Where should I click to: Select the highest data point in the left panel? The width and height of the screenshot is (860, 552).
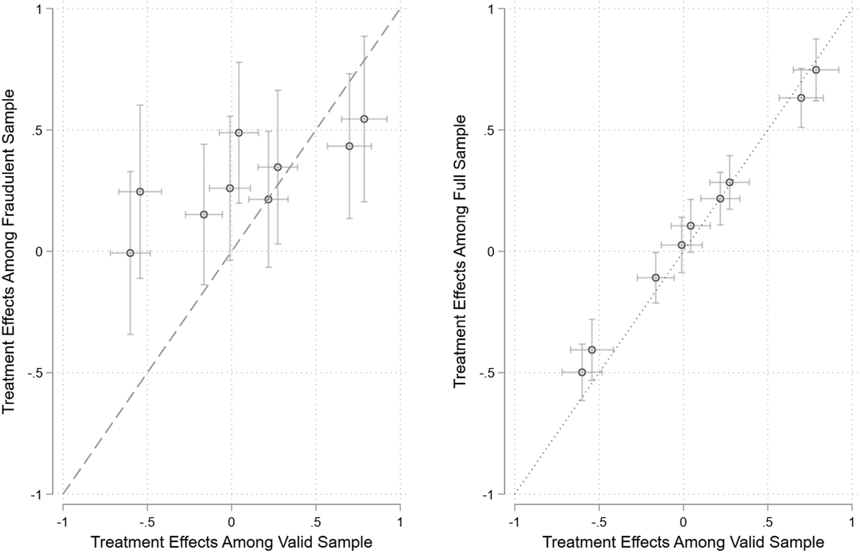[364, 119]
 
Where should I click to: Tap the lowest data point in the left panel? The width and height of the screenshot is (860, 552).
[130, 253]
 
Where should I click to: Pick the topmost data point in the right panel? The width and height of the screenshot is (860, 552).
[816, 70]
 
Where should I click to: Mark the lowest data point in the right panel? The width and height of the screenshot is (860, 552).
[582, 372]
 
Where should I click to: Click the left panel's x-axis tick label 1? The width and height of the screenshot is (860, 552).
[400, 522]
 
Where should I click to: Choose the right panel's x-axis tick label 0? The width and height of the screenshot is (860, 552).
[683, 522]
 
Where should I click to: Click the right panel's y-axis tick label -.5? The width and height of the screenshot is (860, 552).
[488, 373]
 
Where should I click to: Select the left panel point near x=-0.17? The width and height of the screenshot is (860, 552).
[204, 214]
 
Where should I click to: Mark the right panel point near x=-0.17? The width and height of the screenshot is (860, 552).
[656, 277]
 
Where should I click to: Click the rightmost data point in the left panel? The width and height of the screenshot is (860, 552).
[364, 119]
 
